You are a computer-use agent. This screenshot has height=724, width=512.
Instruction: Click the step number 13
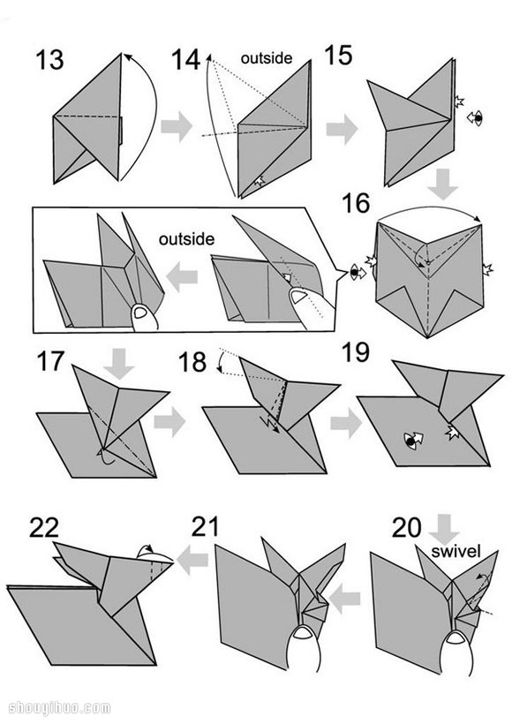(49, 60)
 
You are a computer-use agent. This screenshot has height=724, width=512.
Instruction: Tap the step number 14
(185, 60)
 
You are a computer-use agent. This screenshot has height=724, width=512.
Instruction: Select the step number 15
(338, 56)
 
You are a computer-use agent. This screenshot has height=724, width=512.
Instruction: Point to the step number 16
(356, 204)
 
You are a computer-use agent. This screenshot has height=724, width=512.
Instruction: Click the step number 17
(49, 361)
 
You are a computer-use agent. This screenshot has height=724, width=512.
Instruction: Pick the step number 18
(192, 362)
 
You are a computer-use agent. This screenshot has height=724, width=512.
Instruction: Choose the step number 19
(356, 352)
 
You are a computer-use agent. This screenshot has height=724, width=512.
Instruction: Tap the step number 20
(407, 528)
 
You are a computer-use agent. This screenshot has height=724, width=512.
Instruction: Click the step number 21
(205, 527)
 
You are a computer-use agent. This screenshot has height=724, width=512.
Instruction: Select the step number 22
(44, 528)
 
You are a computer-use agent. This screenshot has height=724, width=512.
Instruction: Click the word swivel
(456, 551)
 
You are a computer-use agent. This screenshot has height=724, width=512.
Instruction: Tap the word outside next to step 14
(267, 58)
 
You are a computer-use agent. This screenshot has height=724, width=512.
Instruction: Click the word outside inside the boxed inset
(186, 238)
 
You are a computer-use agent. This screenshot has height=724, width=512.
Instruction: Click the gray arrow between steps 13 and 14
(177, 126)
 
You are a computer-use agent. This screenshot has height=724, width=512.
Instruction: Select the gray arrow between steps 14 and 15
(343, 129)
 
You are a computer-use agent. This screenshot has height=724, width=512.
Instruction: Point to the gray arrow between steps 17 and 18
(169, 421)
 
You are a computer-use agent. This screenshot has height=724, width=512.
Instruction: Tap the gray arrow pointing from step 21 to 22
(192, 561)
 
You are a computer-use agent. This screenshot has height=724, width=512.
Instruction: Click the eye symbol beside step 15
(475, 118)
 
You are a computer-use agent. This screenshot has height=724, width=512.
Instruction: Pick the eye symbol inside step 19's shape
(413, 440)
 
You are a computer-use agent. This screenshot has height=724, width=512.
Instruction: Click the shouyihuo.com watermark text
(60, 708)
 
